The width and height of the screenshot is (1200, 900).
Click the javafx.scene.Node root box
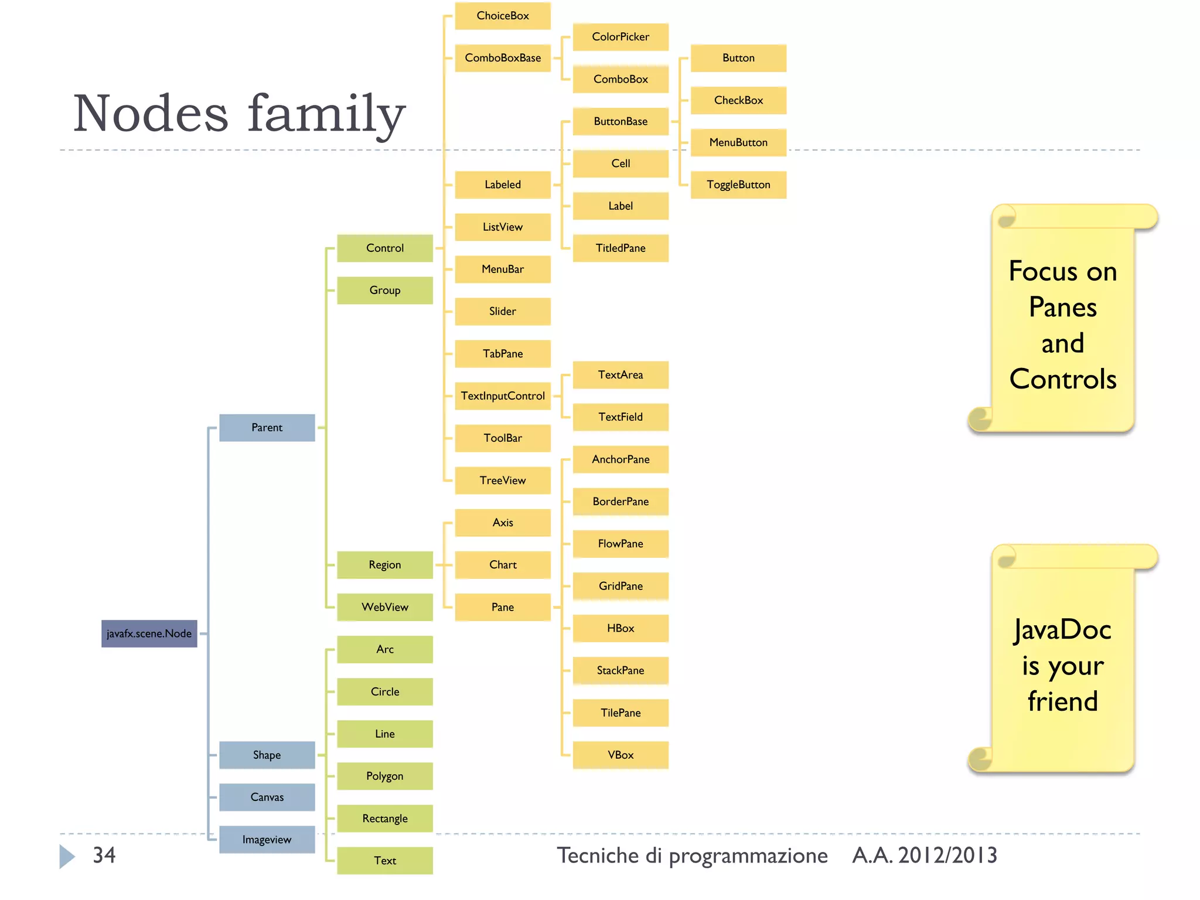149,633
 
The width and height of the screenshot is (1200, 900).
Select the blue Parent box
267,427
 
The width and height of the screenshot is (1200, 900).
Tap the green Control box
384,248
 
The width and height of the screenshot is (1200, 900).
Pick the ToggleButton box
738,185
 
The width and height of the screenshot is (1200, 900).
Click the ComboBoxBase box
503,58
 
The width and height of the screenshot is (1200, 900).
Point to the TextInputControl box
503,396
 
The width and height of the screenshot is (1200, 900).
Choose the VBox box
621,755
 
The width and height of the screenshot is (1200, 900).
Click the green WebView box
384,607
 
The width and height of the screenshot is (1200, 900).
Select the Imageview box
267,839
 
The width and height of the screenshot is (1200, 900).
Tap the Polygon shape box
384,776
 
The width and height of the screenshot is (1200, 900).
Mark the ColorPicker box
621,37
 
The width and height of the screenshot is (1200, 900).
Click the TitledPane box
621,248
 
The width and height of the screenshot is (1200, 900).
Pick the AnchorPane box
621,459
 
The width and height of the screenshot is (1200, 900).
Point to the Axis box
503,523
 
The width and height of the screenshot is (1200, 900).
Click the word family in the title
326,114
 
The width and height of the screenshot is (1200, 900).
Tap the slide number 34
104,855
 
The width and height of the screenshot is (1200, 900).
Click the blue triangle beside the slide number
67,856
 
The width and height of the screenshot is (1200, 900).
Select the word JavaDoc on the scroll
1062,630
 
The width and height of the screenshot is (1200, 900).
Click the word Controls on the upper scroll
1063,379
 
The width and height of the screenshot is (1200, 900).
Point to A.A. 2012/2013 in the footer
924,855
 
